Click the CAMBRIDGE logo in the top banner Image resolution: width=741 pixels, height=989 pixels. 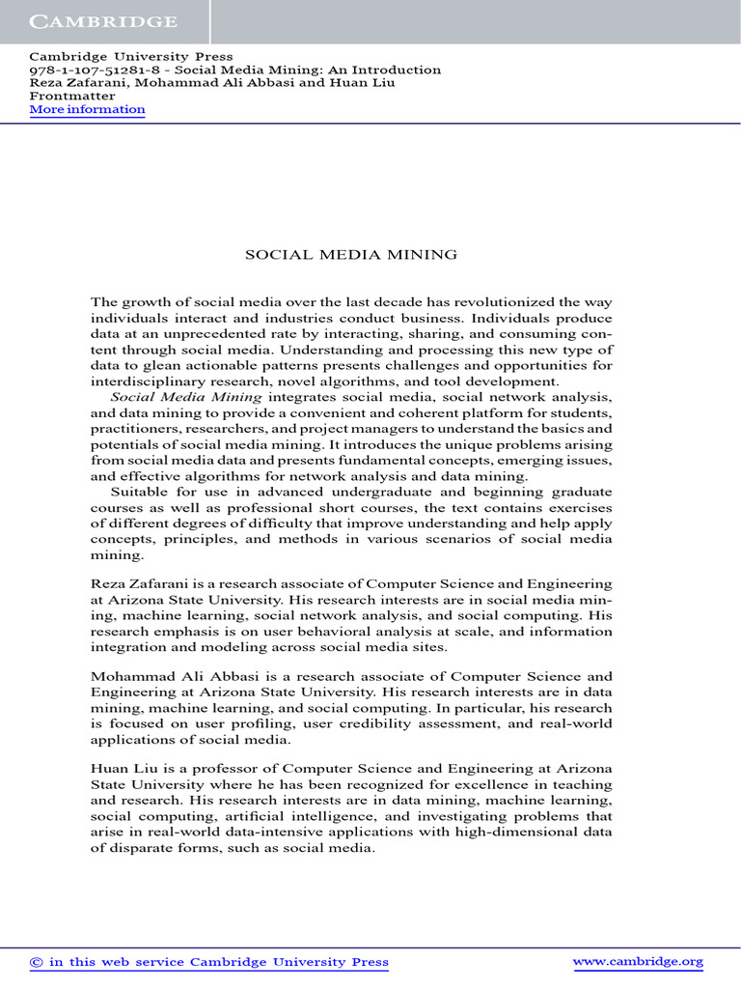coord(102,21)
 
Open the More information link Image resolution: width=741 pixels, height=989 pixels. coord(87,109)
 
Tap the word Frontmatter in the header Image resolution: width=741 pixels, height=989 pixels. coord(72,96)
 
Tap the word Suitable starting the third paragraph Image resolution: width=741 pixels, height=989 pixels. coord(141,491)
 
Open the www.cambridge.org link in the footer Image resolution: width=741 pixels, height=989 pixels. coord(638,961)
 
